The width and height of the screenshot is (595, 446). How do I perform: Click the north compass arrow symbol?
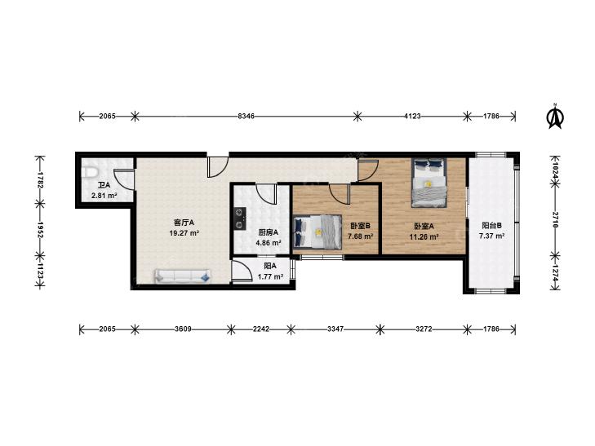coord(555,116)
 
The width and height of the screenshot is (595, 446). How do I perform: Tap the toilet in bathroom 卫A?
coord(90,172)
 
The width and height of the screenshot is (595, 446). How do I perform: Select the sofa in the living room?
coord(182,276)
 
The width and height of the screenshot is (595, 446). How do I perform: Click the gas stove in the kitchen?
coord(240,219)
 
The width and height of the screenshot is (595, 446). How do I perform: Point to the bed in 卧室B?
coord(317,232)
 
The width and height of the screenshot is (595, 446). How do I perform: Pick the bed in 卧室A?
coord(429,183)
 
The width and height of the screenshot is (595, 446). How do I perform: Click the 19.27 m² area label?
coord(184,233)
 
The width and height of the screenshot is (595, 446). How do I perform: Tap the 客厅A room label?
coord(184,222)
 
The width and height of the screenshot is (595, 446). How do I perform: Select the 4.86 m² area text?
coord(269,243)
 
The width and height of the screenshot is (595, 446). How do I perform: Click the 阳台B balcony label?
coord(492,226)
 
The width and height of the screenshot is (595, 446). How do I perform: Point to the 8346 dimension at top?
coord(246,117)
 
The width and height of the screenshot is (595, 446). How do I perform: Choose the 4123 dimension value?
coord(412,117)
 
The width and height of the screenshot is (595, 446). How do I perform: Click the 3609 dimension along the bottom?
coord(183,329)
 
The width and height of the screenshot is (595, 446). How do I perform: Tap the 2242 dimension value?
coord(261,329)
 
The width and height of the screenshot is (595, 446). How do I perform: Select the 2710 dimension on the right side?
coord(555,220)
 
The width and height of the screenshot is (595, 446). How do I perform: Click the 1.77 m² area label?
coord(270,277)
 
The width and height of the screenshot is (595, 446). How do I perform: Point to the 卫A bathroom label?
coord(104,185)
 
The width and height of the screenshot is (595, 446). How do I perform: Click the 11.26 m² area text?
coord(424,237)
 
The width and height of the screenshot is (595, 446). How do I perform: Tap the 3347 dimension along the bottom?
coord(335,329)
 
